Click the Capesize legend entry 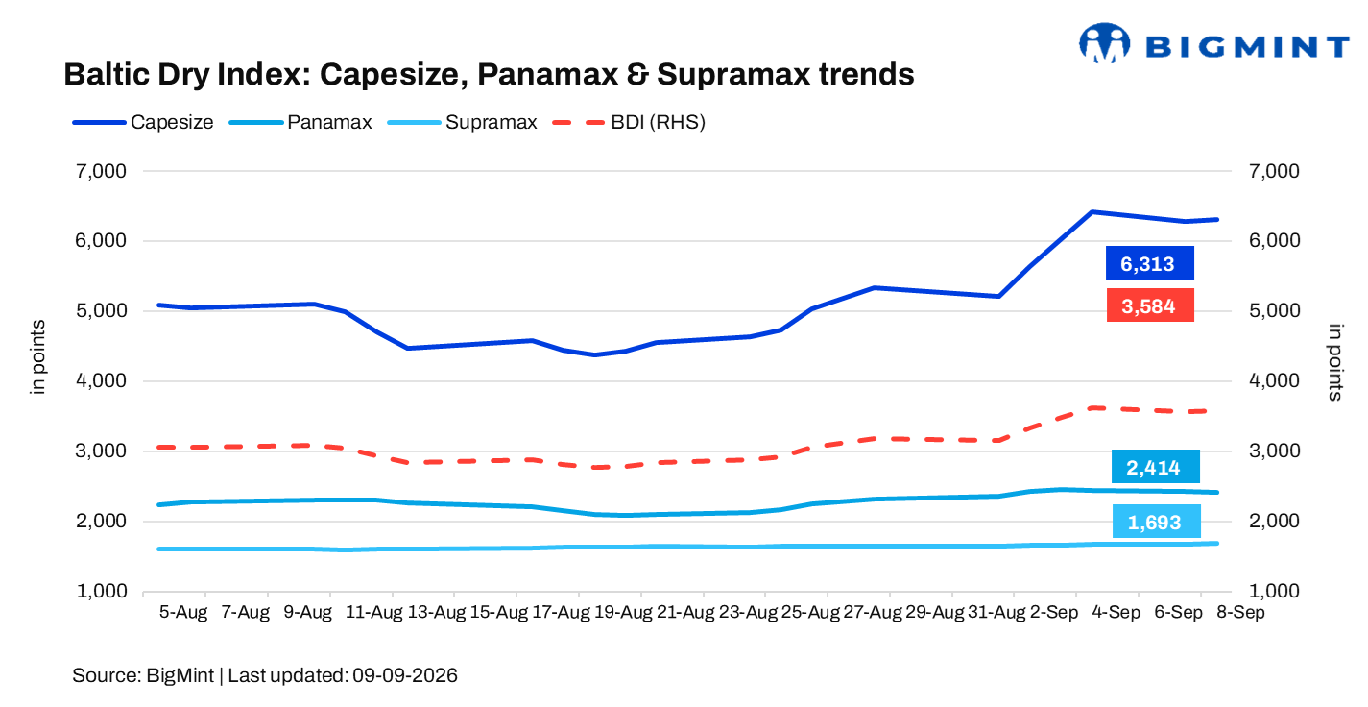(x=143, y=122)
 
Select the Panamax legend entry (x=300, y=122)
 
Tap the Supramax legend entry (x=463, y=122)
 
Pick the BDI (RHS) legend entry (x=629, y=122)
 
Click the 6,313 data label (x=1149, y=263)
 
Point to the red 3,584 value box (x=1150, y=305)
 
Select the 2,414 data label (x=1155, y=467)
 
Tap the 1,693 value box (x=1156, y=522)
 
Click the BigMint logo (x=1213, y=44)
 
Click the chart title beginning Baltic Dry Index (x=489, y=75)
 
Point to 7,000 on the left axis (x=101, y=171)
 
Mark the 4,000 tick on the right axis (x=1274, y=380)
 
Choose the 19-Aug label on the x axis (x=623, y=612)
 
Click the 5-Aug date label (x=183, y=612)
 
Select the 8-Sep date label (x=1240, y=612)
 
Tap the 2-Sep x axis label (x=1054, y=612)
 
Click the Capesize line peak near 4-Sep (x=1092, y=212)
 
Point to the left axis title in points (x=37, y=356)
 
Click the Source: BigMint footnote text (x=264, y=675)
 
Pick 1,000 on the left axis (x=102, y=592)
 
